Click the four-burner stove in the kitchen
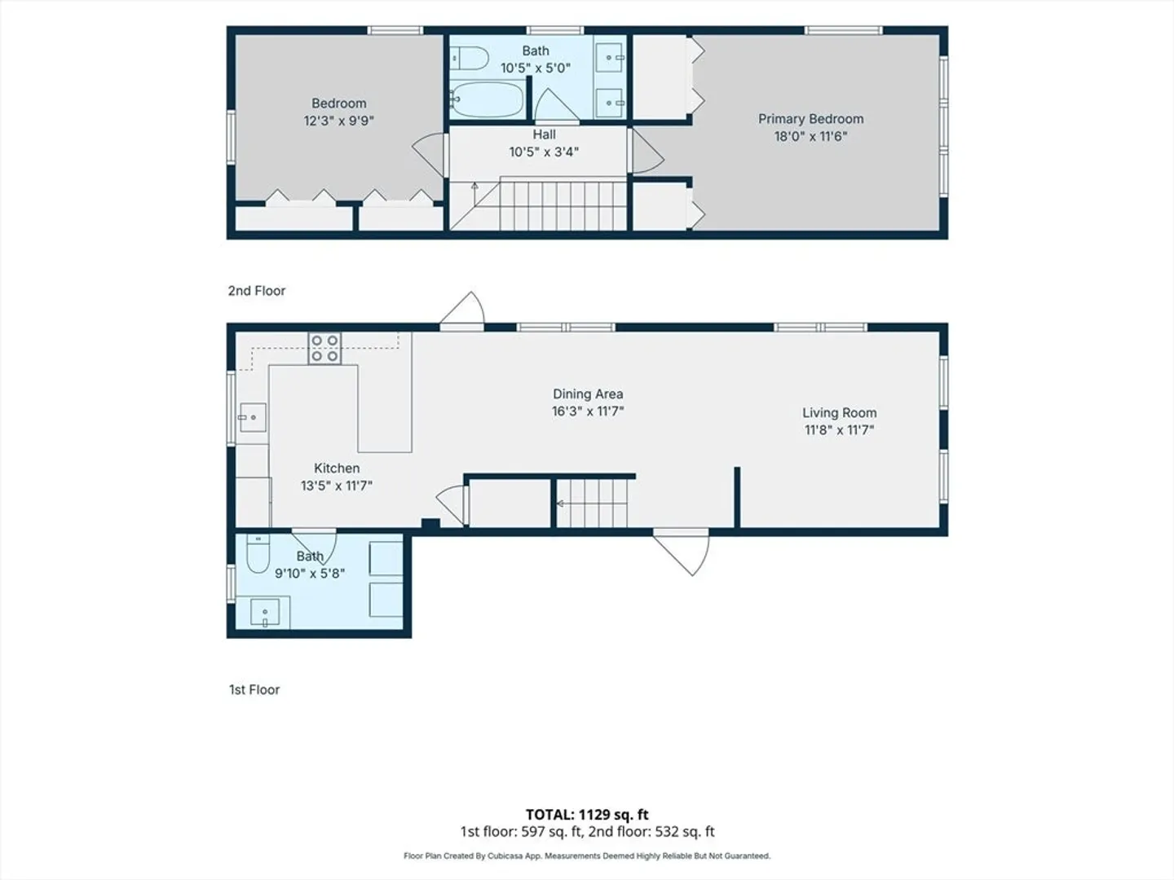click(x=324, y=349)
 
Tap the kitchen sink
click(x=252, y=417)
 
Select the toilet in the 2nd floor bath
click(x=469, y=58)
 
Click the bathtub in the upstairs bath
click(x=487, y=99)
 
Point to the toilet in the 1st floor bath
click(x=258, y=553)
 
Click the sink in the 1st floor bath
click(x=265, y=612)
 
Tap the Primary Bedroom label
click(x=811, y=119)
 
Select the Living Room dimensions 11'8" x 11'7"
click(x=839, y=430)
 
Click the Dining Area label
click(x=588, y=394)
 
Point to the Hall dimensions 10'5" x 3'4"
click(x=544, y=152)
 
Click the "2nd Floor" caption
click(x=257, y=291)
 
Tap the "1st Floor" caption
click(x=254, y=690)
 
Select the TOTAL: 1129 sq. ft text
click(x=587, y=815)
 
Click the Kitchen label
click(x=337, y=469)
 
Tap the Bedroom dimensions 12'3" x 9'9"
click(x=338, y=121)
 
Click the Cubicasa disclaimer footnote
click(x=587, y=856)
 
